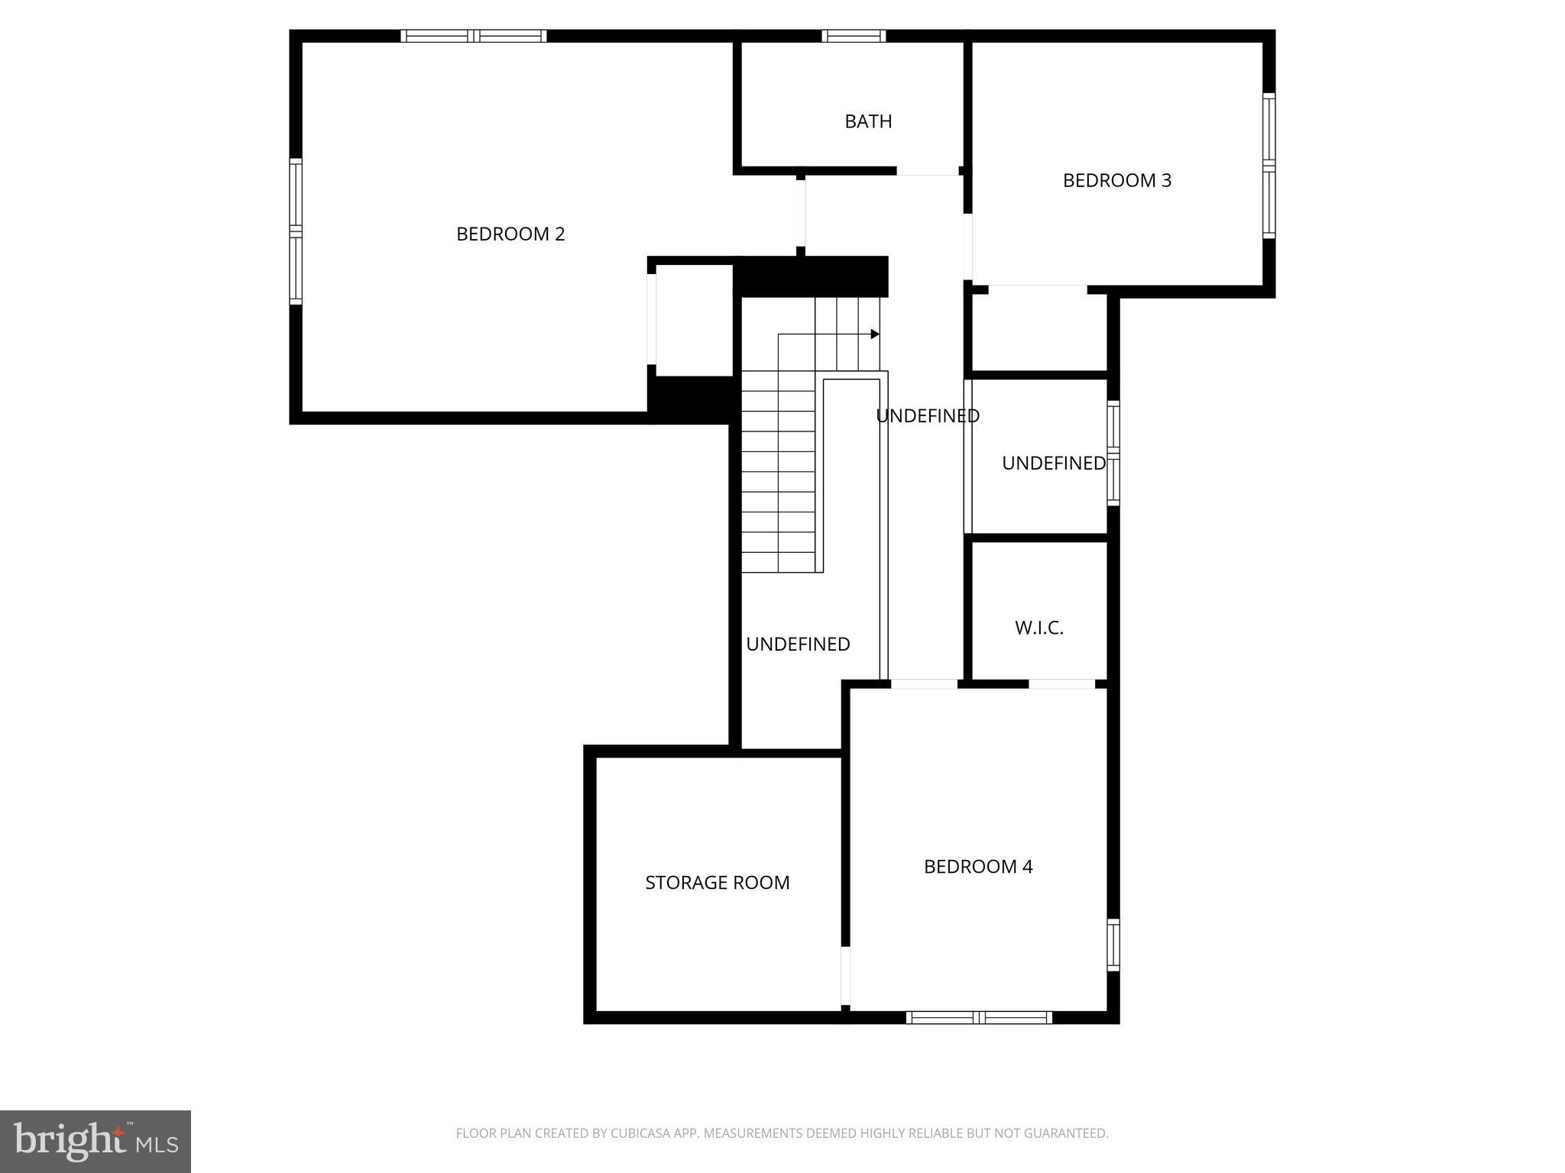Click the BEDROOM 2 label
coord(510,234)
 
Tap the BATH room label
coord(868,121)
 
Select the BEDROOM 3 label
coord(1116,180)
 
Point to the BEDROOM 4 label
coord(978,867)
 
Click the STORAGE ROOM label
coord(717,883)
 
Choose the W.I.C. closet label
coord(1039,628)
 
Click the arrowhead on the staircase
coord(875,334)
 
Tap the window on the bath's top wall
coord(854,36)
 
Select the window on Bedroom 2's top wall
coord(474,36)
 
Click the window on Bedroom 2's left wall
coord(296,231)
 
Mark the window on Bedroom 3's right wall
coord(1269,166)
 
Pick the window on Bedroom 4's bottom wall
coord(979,1017)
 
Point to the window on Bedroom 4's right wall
coord(1113,945)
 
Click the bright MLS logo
coord(96,1141)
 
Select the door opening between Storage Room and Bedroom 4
coord(845,977)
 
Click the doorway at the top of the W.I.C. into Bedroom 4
coord(1061,683)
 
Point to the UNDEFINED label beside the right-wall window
coord(1053,463)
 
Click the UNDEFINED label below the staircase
coord(798,645)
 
